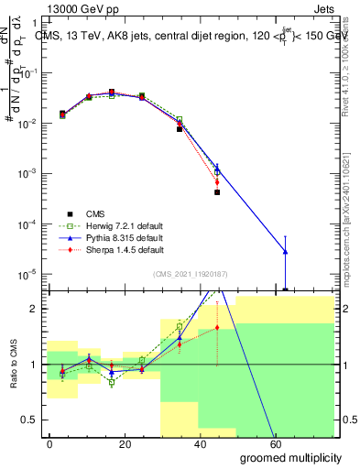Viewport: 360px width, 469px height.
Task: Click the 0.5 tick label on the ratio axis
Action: pos(28,420)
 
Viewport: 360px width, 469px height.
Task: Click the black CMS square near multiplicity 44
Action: pos(217,192)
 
